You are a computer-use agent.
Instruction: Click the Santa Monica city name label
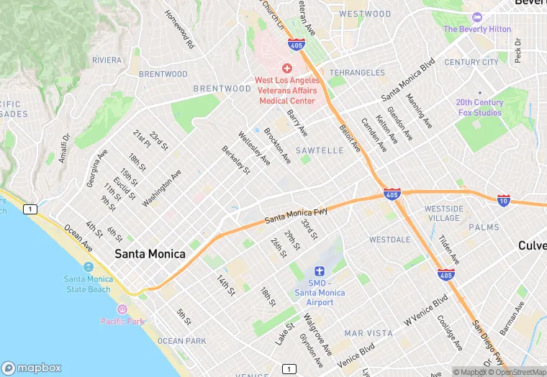point(150,254)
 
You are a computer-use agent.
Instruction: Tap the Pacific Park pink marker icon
point(122,309)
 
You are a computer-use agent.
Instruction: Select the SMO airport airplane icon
point(320,271)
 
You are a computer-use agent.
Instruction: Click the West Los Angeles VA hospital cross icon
point(286,67)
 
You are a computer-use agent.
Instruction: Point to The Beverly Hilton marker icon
point(476,17)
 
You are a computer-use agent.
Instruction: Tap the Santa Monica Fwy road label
point(296,214)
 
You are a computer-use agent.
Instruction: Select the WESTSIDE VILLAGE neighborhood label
point(444,213)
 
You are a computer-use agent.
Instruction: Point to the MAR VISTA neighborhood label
point(369,333)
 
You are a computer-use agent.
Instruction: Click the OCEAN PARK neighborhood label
point(181,341)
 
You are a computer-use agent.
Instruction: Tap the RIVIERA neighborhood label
point(107,60)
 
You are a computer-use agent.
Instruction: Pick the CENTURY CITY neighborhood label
point(471,63)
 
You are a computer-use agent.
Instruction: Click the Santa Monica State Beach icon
point(88,267)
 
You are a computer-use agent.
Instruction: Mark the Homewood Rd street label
point(180,29)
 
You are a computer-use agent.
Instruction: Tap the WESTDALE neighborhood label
point(389,239)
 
